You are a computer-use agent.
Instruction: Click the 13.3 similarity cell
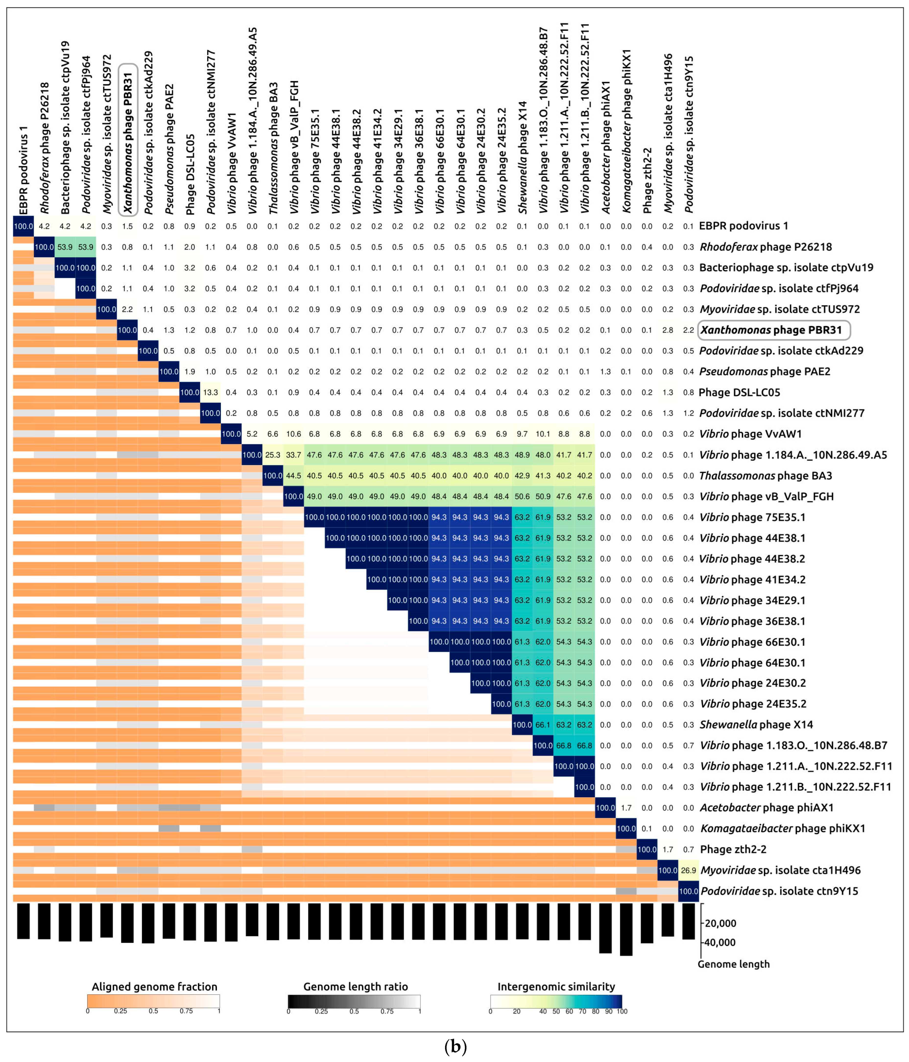pos(210,393)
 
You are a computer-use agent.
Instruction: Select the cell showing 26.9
pos(688,870)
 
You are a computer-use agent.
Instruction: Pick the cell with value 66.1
pos(543,725)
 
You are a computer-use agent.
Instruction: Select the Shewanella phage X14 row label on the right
pos(756,725)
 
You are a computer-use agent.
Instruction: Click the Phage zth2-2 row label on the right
pos(733,849)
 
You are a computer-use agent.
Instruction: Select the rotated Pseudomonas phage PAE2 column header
pos(169,149)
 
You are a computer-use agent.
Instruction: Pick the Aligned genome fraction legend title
pos(154,987)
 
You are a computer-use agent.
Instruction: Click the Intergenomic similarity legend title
pos(556,987)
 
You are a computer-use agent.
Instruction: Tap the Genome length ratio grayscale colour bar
pos(354,1002)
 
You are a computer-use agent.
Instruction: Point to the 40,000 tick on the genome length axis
pos(720,942)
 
